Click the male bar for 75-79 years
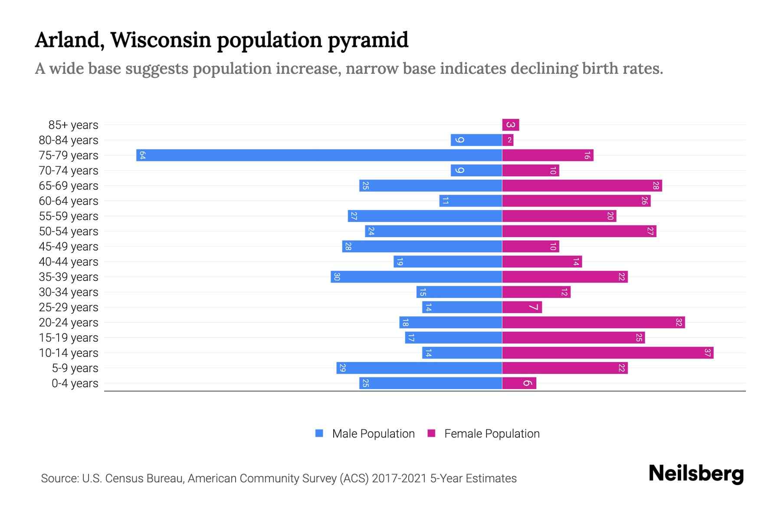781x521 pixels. tap(319, 155)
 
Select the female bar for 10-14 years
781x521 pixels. tap(607, 353)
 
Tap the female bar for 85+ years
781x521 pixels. tap(511, 125)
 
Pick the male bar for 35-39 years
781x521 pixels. tap(417, 277)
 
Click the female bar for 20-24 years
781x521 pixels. tap(593, 323)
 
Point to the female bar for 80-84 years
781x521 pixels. tap(508, 140)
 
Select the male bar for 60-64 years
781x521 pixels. tap(471, 201)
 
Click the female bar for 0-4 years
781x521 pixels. tap(519, 383)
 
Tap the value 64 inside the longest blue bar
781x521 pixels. tap(142, 155)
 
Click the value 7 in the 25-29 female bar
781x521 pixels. tap(534, 307)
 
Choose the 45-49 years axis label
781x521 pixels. tap(69, 247)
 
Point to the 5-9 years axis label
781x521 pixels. tap(75, 368)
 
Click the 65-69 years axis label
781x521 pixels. tap(69, 186)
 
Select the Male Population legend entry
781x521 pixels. tap(373, 434)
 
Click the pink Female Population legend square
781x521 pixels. tap(431, 433)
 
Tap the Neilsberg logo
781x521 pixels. tap(696, 473)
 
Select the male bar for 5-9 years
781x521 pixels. tap(419, 368)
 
